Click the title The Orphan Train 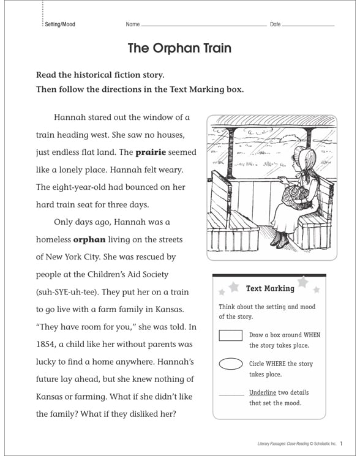pyautogui.click(x=179, y=48)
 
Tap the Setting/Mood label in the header pyautogui.click(x=60, y=24)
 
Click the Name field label pyautogui.click(x=133, y=24)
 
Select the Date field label pyautogui.click(x=275, y=24)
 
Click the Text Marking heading pyautogui.click(x=269, y=288)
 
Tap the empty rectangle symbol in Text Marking pyautogui.click(x=231, y=335)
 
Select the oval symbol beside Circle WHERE pyautogui.click(x=231, y=364)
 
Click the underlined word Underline pyautogui.click(x=262, y=392)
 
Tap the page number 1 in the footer pyautogui.click(x=341, y=443)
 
